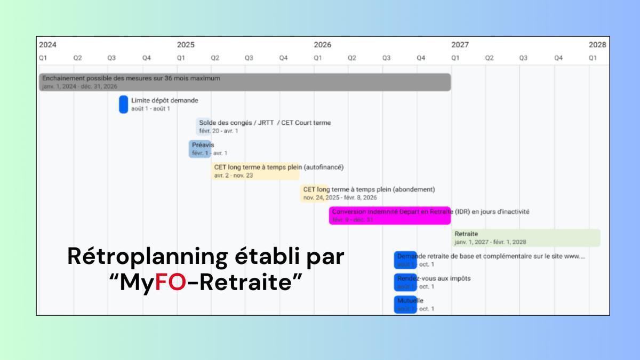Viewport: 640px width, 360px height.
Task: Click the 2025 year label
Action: coord(186,45)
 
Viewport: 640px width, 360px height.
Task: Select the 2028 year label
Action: coord(597,45)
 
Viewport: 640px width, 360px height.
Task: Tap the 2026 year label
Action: coord(323,45)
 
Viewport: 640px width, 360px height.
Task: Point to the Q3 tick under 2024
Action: coord(111,58)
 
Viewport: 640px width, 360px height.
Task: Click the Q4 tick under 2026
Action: coord(421,58)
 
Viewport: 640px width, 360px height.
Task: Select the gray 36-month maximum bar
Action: coord(245,82)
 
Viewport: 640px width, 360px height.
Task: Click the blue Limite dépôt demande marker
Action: coord(123,104)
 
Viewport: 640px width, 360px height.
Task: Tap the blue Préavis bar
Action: coord(200,149)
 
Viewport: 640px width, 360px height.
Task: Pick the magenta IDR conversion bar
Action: coord(390,215)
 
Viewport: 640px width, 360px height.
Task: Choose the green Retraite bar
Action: coord(526,238)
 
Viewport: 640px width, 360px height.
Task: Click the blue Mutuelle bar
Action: coord(405,305)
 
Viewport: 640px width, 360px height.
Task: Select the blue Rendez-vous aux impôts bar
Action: coord(405,282)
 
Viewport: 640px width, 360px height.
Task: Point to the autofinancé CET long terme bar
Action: coord(255,171)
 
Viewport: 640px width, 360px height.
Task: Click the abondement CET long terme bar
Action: coord(314,193)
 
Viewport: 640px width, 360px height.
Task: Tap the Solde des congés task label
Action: coord(265,123)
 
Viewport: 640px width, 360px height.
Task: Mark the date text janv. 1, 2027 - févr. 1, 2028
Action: coord(490,242)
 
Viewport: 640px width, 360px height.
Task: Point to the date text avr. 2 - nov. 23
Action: coord(234,175)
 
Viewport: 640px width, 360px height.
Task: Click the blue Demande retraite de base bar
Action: coord(405,260)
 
